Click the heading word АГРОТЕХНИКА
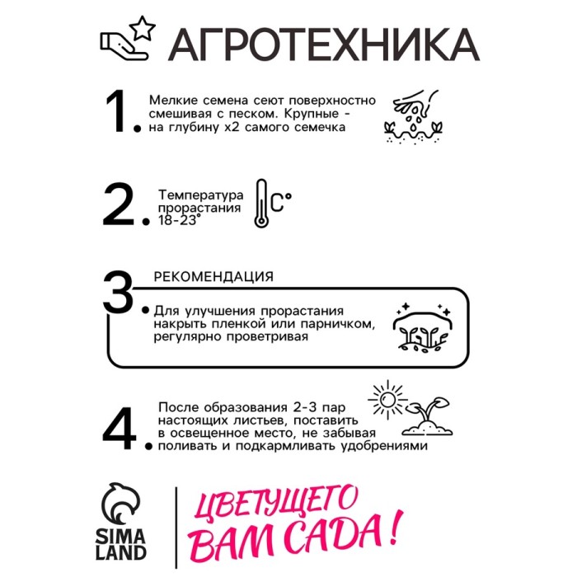click(x=324, y=45)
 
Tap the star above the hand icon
click(x=143, y=28)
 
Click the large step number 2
click(x=119, y=204)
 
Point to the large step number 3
click(x=118, y=293)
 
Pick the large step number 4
click(x=119, y=429)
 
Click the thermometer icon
click(x=261, y=204)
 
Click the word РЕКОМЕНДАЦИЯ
click(x=213, y=276)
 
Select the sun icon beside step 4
click(x=387, y=400)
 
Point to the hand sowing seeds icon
click(x=414, y=116)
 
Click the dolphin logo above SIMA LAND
click(x=120, y=504)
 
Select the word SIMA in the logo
click(x=120, y=537)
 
